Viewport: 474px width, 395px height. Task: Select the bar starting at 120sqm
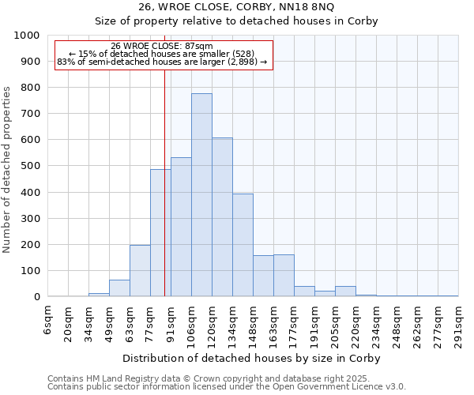tap(222, 217)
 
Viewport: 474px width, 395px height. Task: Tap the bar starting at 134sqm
tap(243, 245)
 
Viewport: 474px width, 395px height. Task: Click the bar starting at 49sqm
tap(119, 288)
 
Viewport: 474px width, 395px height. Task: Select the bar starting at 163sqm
tap(284, 276)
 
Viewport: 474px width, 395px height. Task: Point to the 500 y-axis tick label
tap(31, 167)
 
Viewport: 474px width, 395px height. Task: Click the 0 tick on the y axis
tap(37, 297)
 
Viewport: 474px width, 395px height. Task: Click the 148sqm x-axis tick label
tap(253, 320)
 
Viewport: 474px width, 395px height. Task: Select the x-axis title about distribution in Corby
tap(252, 358)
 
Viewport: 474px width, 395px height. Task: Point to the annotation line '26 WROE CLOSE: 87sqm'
tap(162, 46)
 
